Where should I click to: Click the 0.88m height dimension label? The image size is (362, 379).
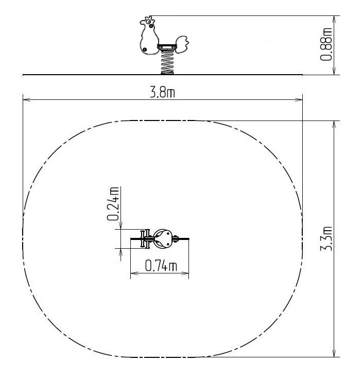[326, 44]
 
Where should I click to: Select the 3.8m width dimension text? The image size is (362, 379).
[162, 92]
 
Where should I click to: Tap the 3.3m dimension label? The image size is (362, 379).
[326, 238]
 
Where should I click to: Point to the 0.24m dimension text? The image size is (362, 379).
[113, 203]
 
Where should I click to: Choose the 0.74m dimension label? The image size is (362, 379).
[161, 265]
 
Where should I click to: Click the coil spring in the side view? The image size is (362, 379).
[167, 62]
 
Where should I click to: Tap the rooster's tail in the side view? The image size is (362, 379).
[182, 44]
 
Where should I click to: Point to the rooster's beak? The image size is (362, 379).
[142, 22]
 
